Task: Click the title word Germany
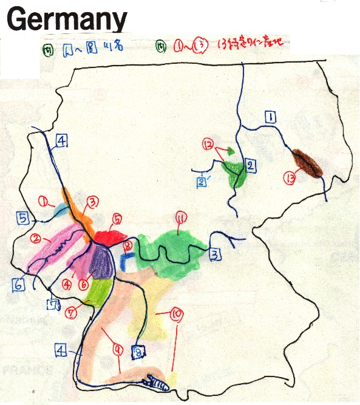click(67, 19)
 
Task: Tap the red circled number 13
click(289, 178)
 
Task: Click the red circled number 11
click(180, 217)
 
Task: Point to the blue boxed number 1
click(271, 117)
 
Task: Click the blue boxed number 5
click(22, 217)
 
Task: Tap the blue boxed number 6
click(18, 284)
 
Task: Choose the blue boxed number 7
click(54, 304)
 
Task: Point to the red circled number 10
click(177, 314)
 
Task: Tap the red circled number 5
click(117, 219)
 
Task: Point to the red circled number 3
click(93, 202)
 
